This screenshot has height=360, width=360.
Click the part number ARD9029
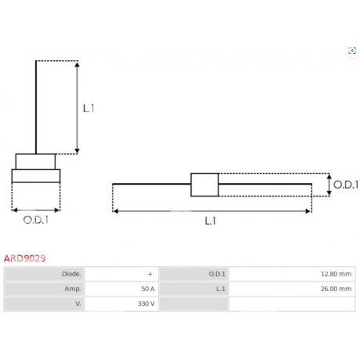point(25,258)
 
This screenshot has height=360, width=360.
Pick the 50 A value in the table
point(148,289)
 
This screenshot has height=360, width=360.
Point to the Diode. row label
point(71,274)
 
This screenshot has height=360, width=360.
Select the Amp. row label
point(73,289)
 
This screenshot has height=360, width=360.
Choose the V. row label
point(78,304)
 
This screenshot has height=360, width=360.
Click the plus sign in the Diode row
point(150,274)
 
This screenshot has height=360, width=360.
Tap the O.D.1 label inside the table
point(217,274)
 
